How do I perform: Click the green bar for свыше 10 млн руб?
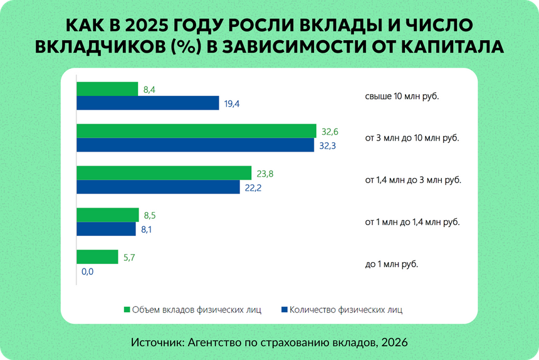107,89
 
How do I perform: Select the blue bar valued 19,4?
148,103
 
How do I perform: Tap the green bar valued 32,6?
196,130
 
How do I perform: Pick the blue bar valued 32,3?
195,145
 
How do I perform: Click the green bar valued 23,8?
164,172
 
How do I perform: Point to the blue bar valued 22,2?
158,187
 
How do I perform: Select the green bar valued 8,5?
107,214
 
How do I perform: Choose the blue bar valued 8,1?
106,229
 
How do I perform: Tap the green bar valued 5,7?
97,257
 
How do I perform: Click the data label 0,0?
87,272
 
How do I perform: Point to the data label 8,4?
149,90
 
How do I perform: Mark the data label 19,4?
232,104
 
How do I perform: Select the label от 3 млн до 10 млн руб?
412,138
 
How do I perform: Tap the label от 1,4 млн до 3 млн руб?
413,180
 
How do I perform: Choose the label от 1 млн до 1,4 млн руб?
412,222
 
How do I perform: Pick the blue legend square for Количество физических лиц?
284,309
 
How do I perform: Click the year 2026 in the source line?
394,342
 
